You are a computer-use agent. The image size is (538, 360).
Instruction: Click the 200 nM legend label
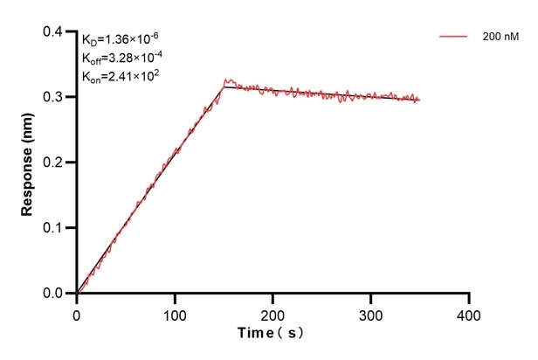coord(496,37)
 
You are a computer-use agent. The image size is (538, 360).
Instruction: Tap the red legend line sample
coord(453,37)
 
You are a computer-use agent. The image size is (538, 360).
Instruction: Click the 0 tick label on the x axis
coord(77,312)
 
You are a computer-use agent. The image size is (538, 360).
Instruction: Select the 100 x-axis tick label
coord(175,312)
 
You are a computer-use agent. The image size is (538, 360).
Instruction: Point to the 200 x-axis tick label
coord(273,312)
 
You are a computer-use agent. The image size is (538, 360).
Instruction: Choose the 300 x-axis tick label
coord(371,312)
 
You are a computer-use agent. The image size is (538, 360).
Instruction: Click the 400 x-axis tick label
coord(469,312)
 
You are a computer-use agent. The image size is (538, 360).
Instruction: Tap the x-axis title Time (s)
coord(272,334)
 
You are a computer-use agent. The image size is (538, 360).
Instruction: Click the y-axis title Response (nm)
coord(29,163)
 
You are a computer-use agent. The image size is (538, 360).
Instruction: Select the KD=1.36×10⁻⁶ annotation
coord(121,39)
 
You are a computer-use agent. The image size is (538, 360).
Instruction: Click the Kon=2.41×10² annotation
coord(120,76)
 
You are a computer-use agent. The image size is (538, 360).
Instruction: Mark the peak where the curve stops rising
coord(224,85)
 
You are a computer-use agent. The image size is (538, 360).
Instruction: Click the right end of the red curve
coord(419,100)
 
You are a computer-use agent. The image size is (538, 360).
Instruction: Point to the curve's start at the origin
coord(78,293)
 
